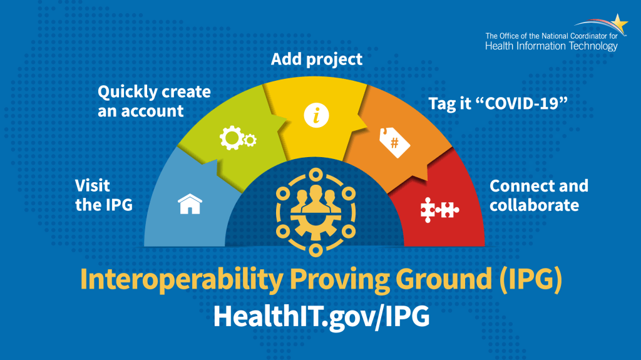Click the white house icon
(190, 204)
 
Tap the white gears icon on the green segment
(237, 136)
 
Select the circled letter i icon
(316, 115)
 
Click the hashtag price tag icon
(395, 143)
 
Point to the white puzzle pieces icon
(439, 208)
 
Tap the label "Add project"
(316, 59)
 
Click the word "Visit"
(92, 185)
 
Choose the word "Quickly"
(126, 92)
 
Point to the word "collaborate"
(534, 205)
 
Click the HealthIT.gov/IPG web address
(321, 316)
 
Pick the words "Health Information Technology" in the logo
(551, 46)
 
